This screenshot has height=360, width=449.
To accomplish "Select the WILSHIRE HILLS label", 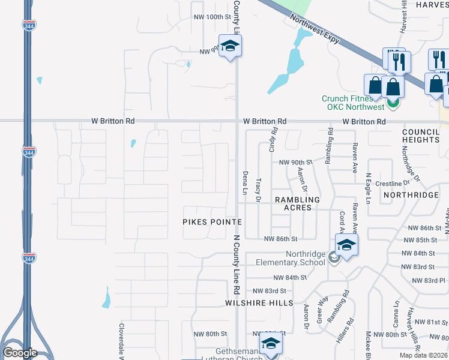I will [259, 303].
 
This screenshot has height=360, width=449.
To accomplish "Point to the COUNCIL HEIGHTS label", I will [421, 136].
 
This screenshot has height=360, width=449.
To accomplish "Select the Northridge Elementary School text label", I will [290, 258].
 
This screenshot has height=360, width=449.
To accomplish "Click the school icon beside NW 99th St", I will [229, 46].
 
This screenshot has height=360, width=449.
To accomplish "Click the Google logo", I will [20, 353].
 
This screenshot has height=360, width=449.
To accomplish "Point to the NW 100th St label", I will [212, 17].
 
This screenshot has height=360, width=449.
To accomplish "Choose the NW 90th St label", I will [297, 163].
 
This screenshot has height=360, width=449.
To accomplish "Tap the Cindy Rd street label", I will [274, 139].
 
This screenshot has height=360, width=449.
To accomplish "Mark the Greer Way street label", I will [323, 310].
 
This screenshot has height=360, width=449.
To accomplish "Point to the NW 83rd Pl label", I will [429, 281].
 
